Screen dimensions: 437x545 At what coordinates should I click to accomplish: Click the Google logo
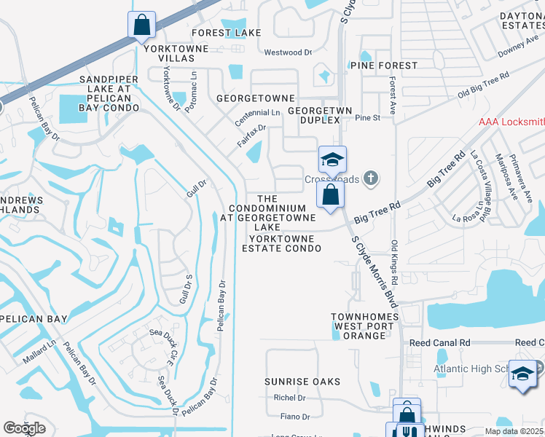coord(23,429)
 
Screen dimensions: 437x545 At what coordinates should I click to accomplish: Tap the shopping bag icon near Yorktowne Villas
coord(141,25)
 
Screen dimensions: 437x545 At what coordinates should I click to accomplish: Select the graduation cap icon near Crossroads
coord(332,160)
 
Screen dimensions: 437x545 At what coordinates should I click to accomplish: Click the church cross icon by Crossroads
coord(371,177)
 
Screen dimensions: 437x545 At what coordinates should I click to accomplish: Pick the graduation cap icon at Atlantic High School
coord(522,374)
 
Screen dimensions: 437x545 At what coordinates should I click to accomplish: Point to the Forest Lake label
coord(226,33)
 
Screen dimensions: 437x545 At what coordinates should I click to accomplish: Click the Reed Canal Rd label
coord(439,342)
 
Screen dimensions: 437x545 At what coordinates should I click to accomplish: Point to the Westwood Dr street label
coord(287,52)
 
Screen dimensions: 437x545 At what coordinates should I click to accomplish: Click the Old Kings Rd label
coord(394,263)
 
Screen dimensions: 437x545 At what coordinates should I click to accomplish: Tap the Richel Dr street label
coord(289,398)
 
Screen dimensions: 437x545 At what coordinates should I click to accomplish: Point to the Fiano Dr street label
coord(295,417)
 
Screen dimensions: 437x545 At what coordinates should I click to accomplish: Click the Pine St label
coord(368,117)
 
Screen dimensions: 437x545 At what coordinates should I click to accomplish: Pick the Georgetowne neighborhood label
coord(256,98)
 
